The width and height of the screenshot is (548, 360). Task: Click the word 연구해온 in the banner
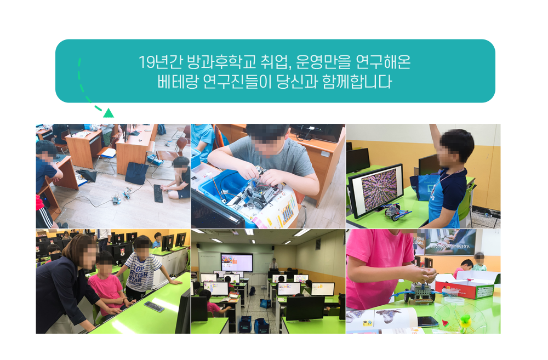383,62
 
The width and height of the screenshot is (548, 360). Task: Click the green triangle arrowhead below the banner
109,113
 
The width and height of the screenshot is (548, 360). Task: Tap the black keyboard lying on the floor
158,193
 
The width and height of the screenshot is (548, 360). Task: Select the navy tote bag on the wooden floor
136,173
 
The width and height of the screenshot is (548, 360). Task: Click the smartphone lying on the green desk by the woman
154,306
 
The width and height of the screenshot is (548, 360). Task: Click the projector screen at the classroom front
237,262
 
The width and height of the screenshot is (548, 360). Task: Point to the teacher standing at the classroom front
273,264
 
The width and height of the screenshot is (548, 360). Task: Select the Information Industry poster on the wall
449,242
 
